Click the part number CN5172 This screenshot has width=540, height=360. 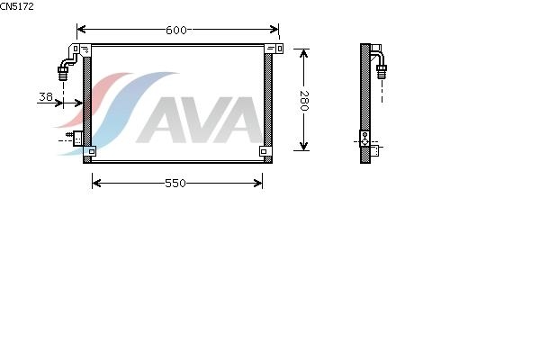[x=16, y=6]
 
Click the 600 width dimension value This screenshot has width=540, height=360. [x=176, y=31]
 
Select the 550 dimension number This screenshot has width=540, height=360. [x=175, y=184]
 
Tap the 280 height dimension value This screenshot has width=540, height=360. [x=304, y=101]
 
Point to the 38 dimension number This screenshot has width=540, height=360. [x=46, y=97]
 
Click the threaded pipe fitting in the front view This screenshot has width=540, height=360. [x=63, y=74]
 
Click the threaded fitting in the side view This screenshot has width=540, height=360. [x=382, y=72]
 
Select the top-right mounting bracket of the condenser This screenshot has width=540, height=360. [x=274, y=49]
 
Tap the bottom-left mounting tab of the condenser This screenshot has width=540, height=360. [x=90, y=151]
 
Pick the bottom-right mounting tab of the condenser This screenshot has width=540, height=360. [x=265, y=151]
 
